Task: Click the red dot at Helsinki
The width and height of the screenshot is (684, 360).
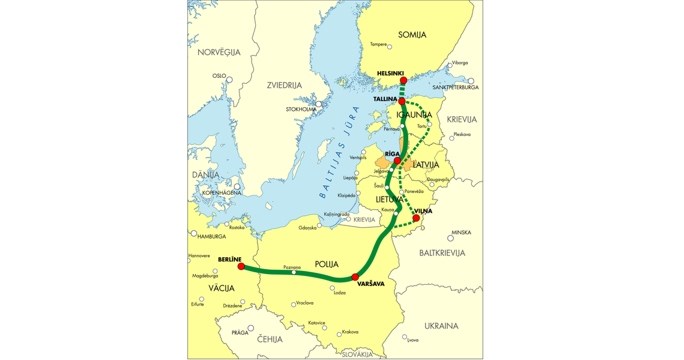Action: click(403, 81)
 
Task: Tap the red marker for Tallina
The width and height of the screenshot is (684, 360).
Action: click(402, 102)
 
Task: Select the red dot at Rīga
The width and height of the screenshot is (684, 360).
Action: click(398, 160)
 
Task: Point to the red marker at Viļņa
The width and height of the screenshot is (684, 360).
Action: click(416, 218)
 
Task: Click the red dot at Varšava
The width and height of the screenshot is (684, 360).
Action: click(356, 277)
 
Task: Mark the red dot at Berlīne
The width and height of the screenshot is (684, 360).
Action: click(241, 267)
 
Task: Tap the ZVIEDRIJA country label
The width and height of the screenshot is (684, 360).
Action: click(284, 86)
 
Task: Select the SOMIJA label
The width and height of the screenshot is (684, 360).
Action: click(412, 34)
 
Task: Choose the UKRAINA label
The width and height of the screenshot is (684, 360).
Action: click(441, 325)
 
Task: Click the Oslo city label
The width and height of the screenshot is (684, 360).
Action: click(219, 75)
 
